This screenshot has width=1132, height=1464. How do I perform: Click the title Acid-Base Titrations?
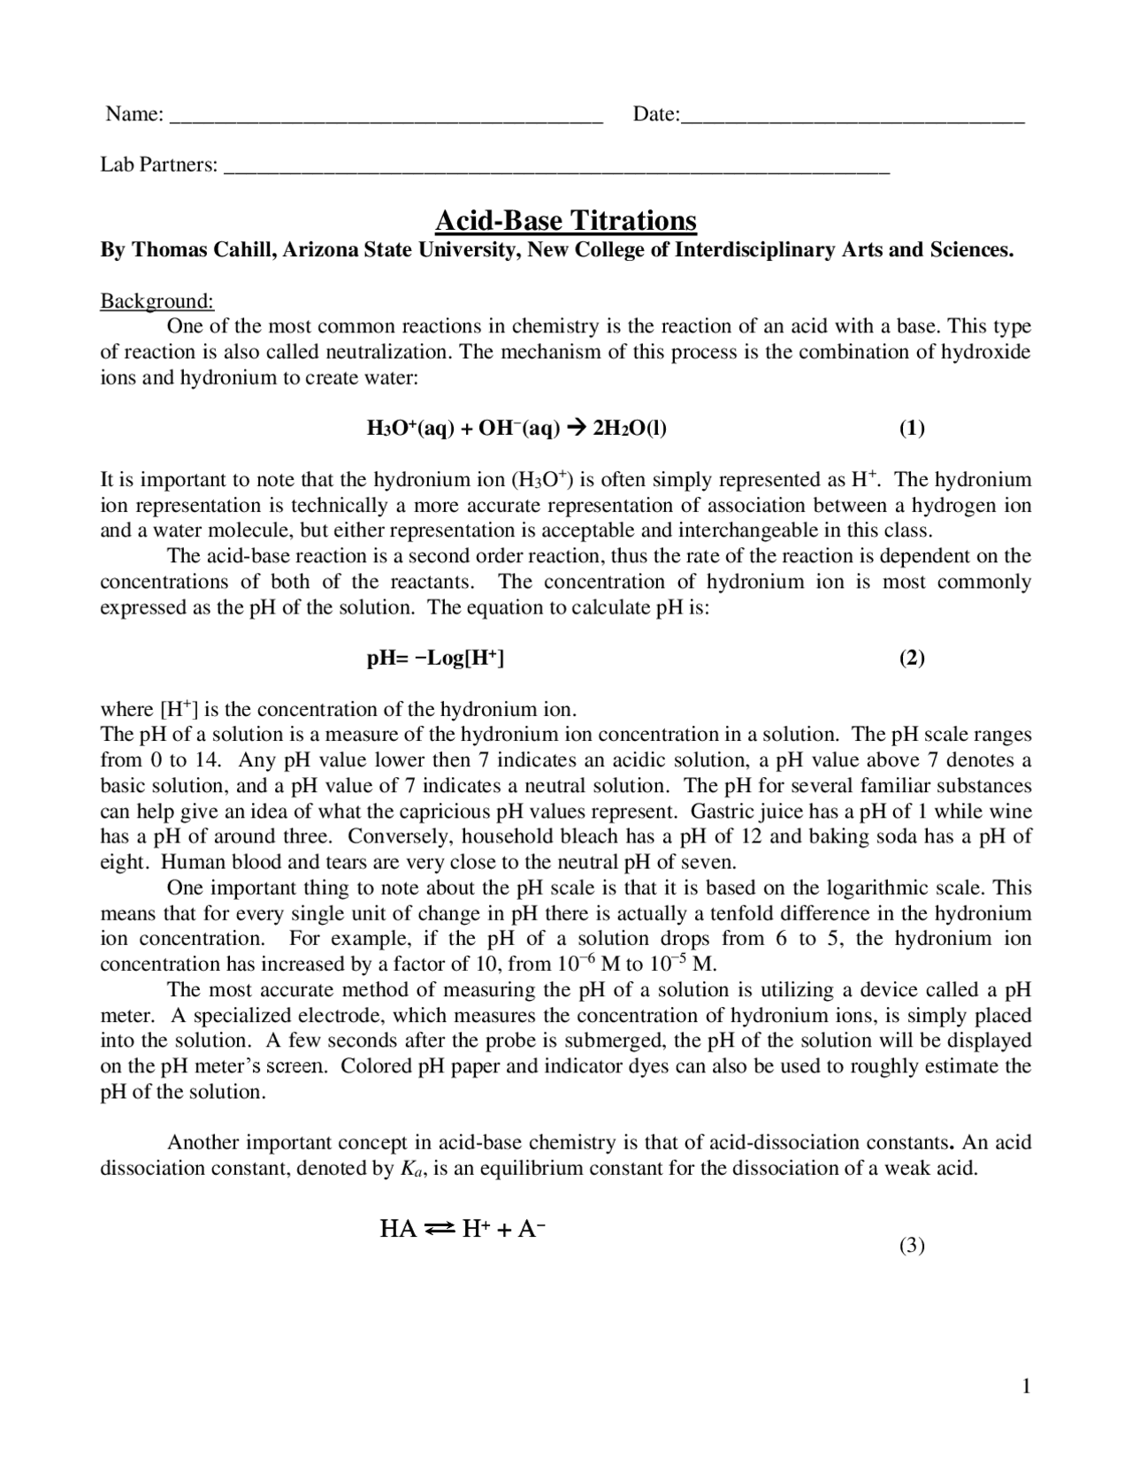[566, 220]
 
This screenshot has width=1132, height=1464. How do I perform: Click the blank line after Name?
[386, 116]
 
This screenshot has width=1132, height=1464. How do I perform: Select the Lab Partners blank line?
[557, 167]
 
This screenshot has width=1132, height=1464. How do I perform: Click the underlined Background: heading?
[157, 301]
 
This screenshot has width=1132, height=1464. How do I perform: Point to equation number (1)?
[912, 429]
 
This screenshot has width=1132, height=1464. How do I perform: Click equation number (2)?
[912, 658]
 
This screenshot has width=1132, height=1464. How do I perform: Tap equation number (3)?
[912, 1246]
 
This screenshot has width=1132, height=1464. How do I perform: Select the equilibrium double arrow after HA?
[440, 1229]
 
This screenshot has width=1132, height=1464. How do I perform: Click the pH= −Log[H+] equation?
[435, 658]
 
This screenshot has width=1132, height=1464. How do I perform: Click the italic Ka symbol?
[411, 1169]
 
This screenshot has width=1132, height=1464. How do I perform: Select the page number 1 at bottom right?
[1026, 1386]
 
